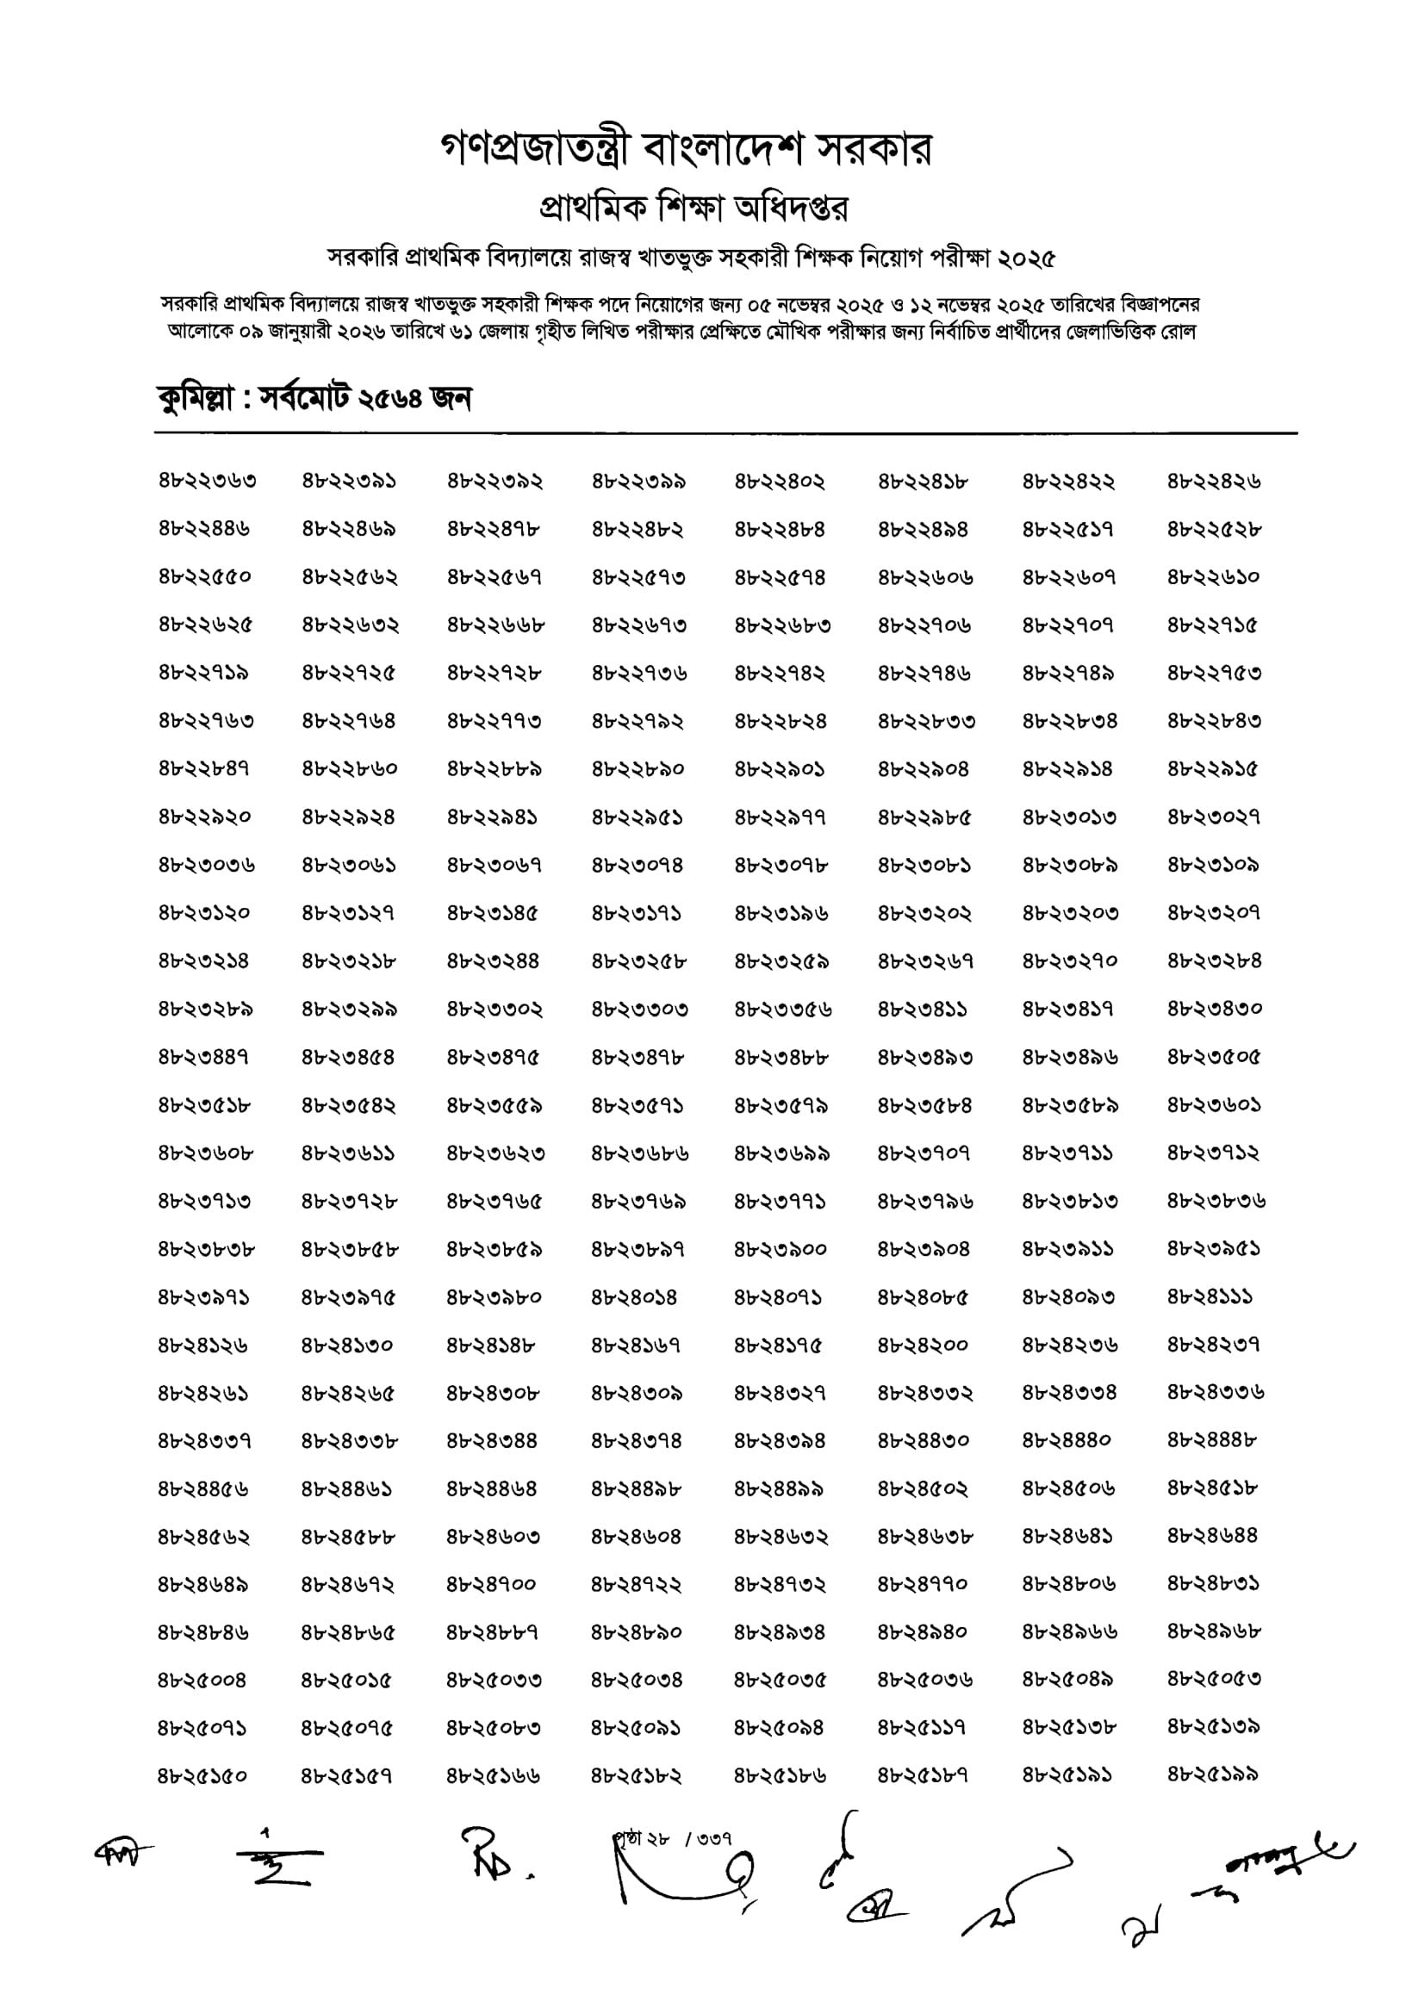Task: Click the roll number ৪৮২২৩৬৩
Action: tap(208, 481)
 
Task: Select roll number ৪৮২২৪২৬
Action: tap(1214, 481)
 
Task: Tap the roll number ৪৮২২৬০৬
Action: tap(924, 577)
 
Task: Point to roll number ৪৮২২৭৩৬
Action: tap(639, 673)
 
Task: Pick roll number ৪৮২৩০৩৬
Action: tap(207, 866)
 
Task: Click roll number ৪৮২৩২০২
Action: tap(924, 913)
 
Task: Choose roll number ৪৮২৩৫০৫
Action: tap(1214, 1057)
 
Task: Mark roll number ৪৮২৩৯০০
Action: tap(781, 1249)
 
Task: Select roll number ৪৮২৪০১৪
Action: tap(634, 1296)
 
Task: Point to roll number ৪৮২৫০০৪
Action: tap(202, 1680)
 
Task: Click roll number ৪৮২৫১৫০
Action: tap(203, 1775)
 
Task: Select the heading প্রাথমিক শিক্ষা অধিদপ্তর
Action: tap(694, 208)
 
